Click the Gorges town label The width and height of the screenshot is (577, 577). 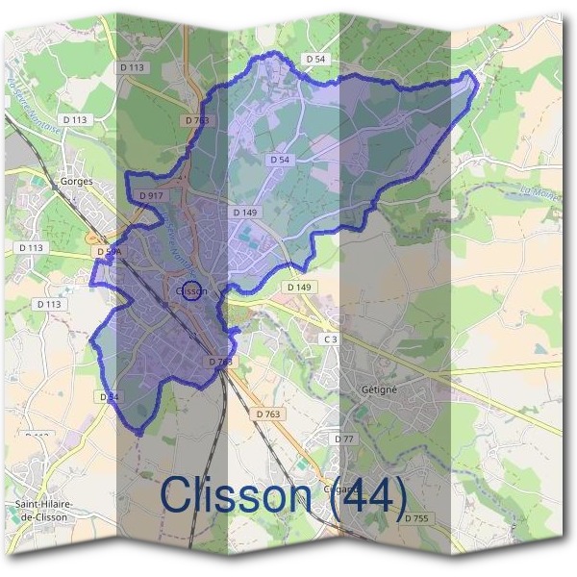(74, 180)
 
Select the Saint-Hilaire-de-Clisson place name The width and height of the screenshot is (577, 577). (46, 511)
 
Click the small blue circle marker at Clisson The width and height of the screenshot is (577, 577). (191, 290)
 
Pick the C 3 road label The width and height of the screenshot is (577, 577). (330, 339)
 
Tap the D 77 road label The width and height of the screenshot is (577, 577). (343, 439)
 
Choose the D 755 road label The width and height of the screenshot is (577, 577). (415, 518)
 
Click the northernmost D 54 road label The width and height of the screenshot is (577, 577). (316, 60)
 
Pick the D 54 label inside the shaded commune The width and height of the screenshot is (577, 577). (280, 159)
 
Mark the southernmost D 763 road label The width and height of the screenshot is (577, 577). (268, 414)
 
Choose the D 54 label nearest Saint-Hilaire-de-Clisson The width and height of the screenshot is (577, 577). (108, 396)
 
